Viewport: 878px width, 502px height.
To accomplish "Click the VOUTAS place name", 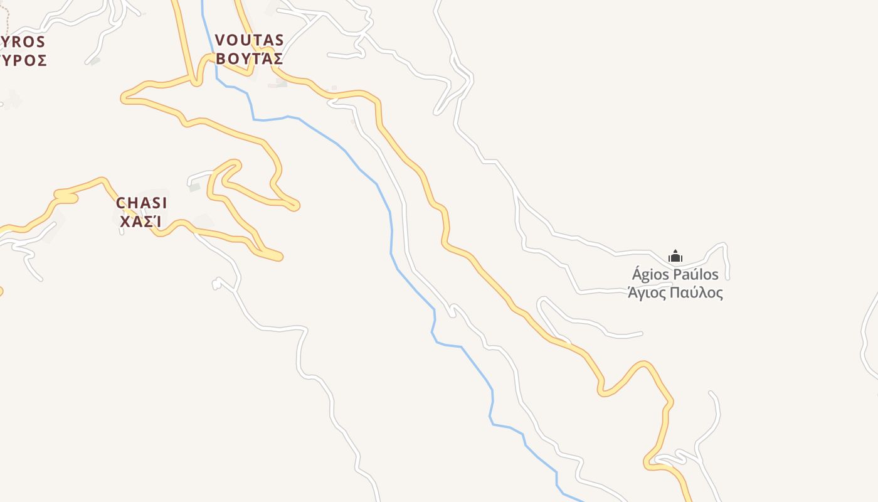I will pos(250,40).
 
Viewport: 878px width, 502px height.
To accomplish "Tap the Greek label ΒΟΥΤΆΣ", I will pos(250,60).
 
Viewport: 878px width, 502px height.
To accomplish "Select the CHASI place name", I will pos(142,203).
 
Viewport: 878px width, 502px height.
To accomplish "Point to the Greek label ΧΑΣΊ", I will pos(141,222).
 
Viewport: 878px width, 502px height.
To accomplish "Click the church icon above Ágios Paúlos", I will pos(675,256).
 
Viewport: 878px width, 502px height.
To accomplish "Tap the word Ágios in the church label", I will pos(650,275).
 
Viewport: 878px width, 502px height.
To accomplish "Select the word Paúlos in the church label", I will pos(696,275).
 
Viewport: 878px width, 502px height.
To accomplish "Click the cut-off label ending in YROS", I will pos(23,42).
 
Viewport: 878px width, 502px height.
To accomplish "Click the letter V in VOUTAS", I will pos(220,40).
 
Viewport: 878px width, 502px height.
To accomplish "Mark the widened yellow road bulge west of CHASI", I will pos(65,197).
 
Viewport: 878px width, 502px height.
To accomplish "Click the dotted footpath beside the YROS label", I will pos(7,19).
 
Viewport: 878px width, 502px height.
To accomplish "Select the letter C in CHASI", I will pos(121,203).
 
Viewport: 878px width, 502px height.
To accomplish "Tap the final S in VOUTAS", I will pos(279,40).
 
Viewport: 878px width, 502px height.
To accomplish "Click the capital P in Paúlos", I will pos(677,275).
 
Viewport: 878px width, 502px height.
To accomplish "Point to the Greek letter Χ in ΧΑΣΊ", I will pos(125,222).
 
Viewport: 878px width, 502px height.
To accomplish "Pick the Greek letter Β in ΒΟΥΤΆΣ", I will pos(221,60).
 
